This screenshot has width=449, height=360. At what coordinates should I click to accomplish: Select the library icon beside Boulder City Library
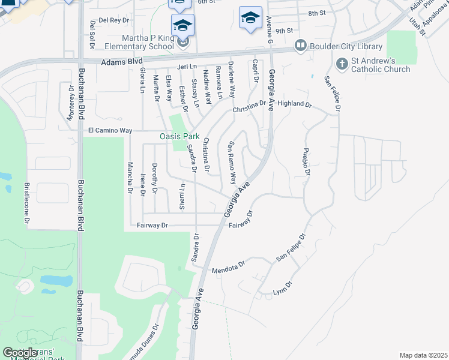tap(300, 46)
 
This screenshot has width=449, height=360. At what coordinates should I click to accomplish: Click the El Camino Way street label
tap(112, 130)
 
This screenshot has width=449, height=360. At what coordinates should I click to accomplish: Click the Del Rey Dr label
tap(114, 20)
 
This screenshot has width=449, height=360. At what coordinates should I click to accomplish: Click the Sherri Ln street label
tap(182, 196)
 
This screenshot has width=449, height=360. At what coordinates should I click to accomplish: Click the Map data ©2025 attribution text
tap(423, 355)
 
